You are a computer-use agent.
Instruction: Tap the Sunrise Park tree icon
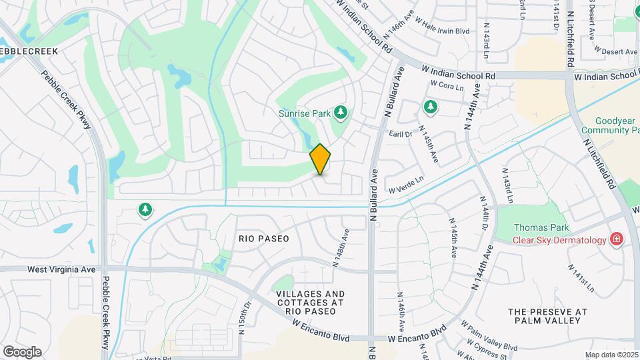(341, 112)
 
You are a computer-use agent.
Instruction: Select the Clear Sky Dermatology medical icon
(617, 239)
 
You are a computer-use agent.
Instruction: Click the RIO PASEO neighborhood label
(264, 238)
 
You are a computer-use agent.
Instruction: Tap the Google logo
(22, 351)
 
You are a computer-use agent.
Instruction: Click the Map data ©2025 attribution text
(611, 355)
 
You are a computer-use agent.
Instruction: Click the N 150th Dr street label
(245, 317)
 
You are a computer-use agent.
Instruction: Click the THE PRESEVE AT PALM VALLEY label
(547, 316)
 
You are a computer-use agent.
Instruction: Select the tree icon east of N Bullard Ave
(431, 107)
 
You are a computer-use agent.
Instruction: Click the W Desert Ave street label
(617, 51)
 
